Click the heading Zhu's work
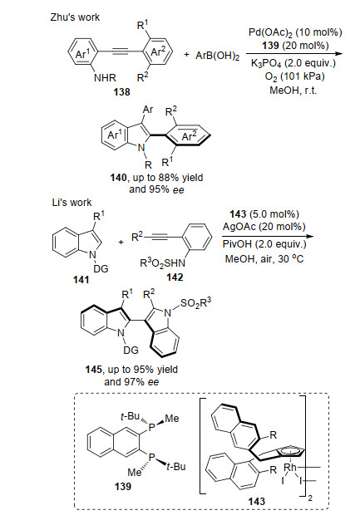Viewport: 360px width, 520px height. [x=75, y=17]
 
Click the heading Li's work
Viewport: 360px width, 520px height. [x=72, y=202]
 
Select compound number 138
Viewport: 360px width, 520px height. [x=121, y=91]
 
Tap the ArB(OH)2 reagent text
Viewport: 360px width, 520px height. [x=217, y=55]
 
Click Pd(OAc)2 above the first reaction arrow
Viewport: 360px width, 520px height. [x=269, y=32]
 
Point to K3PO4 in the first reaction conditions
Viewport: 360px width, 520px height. [x=265, y=63]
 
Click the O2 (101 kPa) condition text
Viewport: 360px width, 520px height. [x=294, y=76]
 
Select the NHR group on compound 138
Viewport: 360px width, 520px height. [x=105, y=78]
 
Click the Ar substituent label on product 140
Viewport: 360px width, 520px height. [x=148, y=109]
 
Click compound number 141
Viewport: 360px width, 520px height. [x=81, y=280]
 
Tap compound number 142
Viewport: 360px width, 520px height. [x=175, y=277]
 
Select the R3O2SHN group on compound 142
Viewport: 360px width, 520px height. [x=162, y=263]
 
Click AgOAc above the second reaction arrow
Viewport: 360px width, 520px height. [x=239, y=227]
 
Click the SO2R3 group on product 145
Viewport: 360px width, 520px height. [x=196, y=303]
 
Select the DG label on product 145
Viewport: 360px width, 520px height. [x=131, y=350]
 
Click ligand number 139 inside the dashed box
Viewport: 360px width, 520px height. [x=123, y=486]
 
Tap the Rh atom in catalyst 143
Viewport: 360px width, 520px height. [x=290, y=468]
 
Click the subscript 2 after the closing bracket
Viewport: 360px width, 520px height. [x=310, y=498]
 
